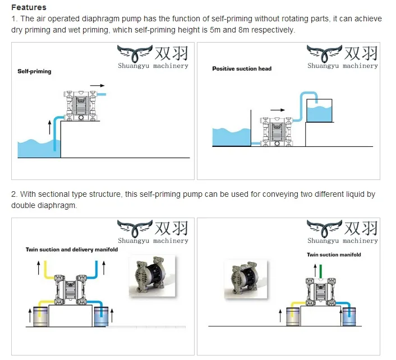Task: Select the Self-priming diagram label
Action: [x=34, y=72]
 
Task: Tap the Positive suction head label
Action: [x=241, y=69]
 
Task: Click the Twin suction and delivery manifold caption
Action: [x=72, y=250]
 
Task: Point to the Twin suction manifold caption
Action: [x=334, y=255]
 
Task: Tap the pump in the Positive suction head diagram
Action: [x=277, y=131]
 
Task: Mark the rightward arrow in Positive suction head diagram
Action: [x=277, y=110]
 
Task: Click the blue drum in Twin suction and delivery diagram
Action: [x=101, y=316]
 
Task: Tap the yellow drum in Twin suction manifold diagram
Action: [x=293, y=317]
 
